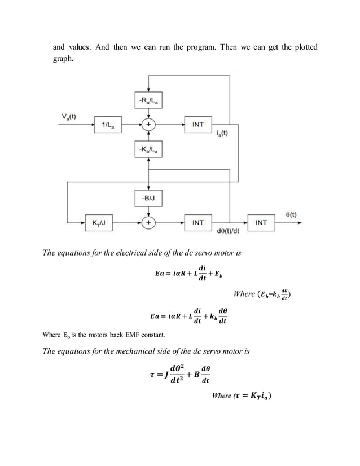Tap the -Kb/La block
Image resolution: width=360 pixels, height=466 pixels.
pos(148,148)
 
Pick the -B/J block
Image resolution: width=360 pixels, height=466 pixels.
pos(148,198)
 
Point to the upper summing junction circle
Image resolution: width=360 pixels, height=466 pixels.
pos(148,124)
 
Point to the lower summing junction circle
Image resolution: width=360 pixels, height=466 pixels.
pos(148,223)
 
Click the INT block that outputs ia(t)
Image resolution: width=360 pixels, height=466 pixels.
pos(199,124)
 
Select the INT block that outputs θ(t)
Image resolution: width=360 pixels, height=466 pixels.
pos(261,223)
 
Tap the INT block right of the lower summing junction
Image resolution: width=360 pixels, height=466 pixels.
pos(199,223)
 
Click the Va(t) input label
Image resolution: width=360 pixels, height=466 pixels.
pos(69,117)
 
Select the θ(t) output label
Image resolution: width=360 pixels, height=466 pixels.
pos(292,214)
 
